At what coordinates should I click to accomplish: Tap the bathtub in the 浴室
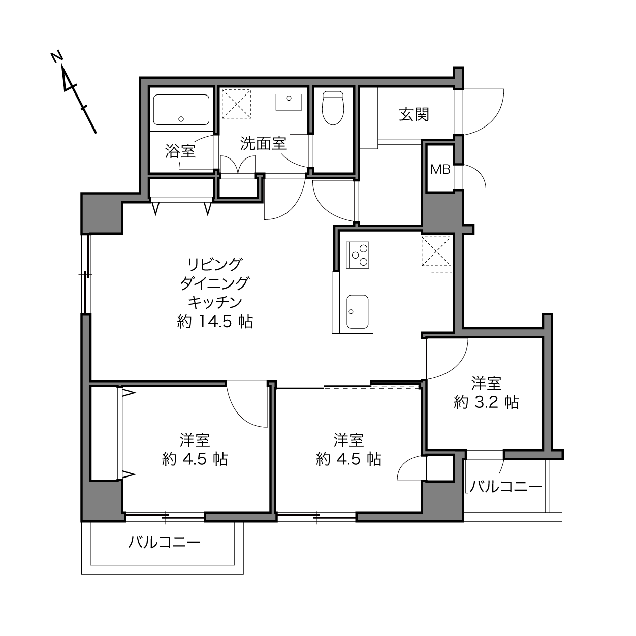pyautogui.click(x=181, y=109)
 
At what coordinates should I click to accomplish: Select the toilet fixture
pyautogui.click(x=333, y=107)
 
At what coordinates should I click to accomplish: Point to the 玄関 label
pyautogui.click(x=414, y=114)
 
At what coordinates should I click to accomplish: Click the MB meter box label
pyautogui.click(x=440, y=170)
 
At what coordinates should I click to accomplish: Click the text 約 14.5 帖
pyautogui.click(x=215, y=322)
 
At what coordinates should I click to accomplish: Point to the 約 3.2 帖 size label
pyautogui.click(x=486, y=402)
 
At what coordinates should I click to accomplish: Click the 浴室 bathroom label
pyautogui.click(x=180, y=151)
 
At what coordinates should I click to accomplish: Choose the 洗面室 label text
pyautogui.click(x=263, y=144)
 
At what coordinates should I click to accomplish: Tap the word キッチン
pyautogui.click(x=215, y=302)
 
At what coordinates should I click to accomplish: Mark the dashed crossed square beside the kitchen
pyautogui.click(x=437, y=251)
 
